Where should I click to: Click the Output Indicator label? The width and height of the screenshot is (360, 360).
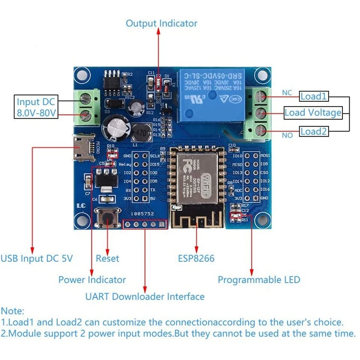click(x=161, y=23)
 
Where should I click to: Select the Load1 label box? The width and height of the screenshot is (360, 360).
click(x=314, y=96)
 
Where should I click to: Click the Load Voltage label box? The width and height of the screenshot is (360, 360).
click(x=313, y=112)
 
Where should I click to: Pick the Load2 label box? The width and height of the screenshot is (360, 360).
click(x=314, y=131)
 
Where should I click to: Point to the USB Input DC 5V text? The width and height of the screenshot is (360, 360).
click(x=36, y=258)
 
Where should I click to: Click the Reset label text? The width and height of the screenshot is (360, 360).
click(x=108, y=258)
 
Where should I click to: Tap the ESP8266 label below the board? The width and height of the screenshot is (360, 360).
click(x=196, y=258)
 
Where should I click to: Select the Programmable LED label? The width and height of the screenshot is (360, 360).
click(x=259, y=280)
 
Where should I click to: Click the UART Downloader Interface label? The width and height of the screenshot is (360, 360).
click(x=145, y=297)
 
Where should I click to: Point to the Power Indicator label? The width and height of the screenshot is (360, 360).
click(x=92, y=280)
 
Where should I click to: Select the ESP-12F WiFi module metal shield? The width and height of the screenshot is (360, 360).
click(x=196, y=176)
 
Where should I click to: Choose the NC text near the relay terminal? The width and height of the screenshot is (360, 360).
click(x=287, y=93)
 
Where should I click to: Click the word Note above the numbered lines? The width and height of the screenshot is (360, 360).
click(x=13, y=311)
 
